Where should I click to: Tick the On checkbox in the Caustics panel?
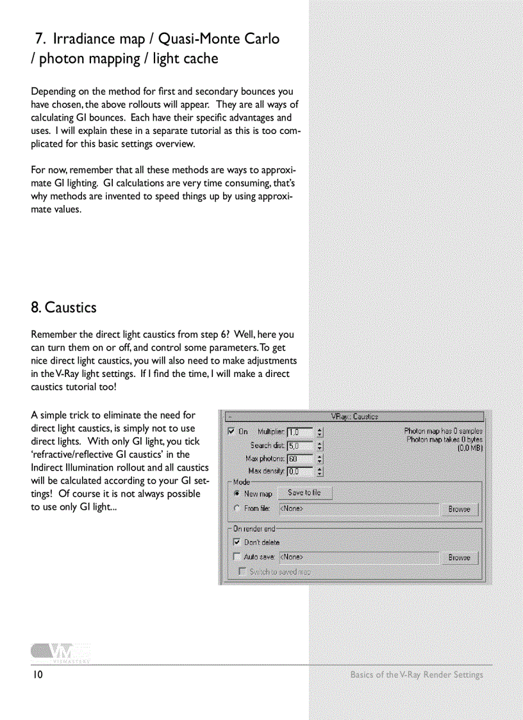(231, 432)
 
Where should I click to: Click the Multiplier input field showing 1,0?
(300, 432)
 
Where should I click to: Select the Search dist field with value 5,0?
(300, 446)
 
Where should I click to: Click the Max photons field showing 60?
(300, 459)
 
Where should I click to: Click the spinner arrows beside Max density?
(320, 472)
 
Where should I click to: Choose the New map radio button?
(237, 494)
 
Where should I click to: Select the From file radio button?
(237, 508)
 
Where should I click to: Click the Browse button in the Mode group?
(459, 509)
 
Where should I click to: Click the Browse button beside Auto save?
(459, 558)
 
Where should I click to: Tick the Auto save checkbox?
(237, 558)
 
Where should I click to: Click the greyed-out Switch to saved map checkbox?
(242, 571)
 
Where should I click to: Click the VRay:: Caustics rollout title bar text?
(354, 417)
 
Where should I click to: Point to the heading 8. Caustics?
(63, 308)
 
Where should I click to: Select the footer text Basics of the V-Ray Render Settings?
(417, 674)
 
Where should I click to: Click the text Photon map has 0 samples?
(443, 431)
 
